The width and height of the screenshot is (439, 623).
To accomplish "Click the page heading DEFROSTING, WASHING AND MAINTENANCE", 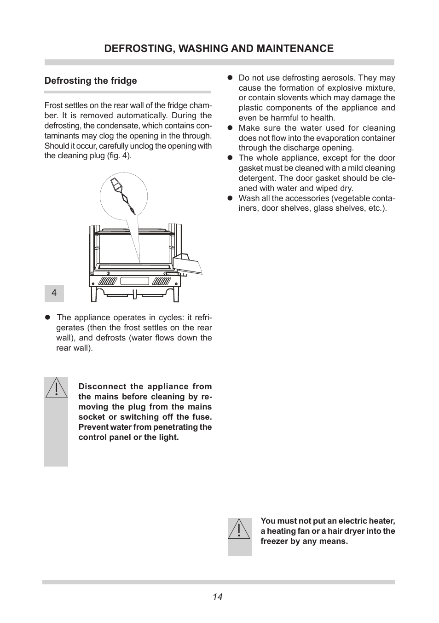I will coord(219,48).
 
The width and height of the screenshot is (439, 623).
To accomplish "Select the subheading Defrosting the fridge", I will coord(91,81).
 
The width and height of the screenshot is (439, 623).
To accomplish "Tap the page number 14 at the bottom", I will coord(218,597).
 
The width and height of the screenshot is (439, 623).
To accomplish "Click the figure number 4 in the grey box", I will coord(54,293).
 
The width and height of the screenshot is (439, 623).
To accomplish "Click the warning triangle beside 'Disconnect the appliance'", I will coord(56,388).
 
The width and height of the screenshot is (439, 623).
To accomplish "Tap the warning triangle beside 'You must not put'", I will coord(239,529).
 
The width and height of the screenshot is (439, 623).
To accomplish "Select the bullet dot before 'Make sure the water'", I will coord(231,128).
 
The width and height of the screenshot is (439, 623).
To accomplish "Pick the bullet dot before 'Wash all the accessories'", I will coord(231,198).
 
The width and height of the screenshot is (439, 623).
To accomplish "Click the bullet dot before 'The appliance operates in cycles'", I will coord(47,317).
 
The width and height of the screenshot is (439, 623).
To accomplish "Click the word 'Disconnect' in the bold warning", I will coord(100,386).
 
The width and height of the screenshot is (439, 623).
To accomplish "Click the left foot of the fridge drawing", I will coord(94,294).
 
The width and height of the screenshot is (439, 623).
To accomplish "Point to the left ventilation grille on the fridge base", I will coord(107,281).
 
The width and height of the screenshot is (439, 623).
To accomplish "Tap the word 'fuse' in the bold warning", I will coord(201,417).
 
